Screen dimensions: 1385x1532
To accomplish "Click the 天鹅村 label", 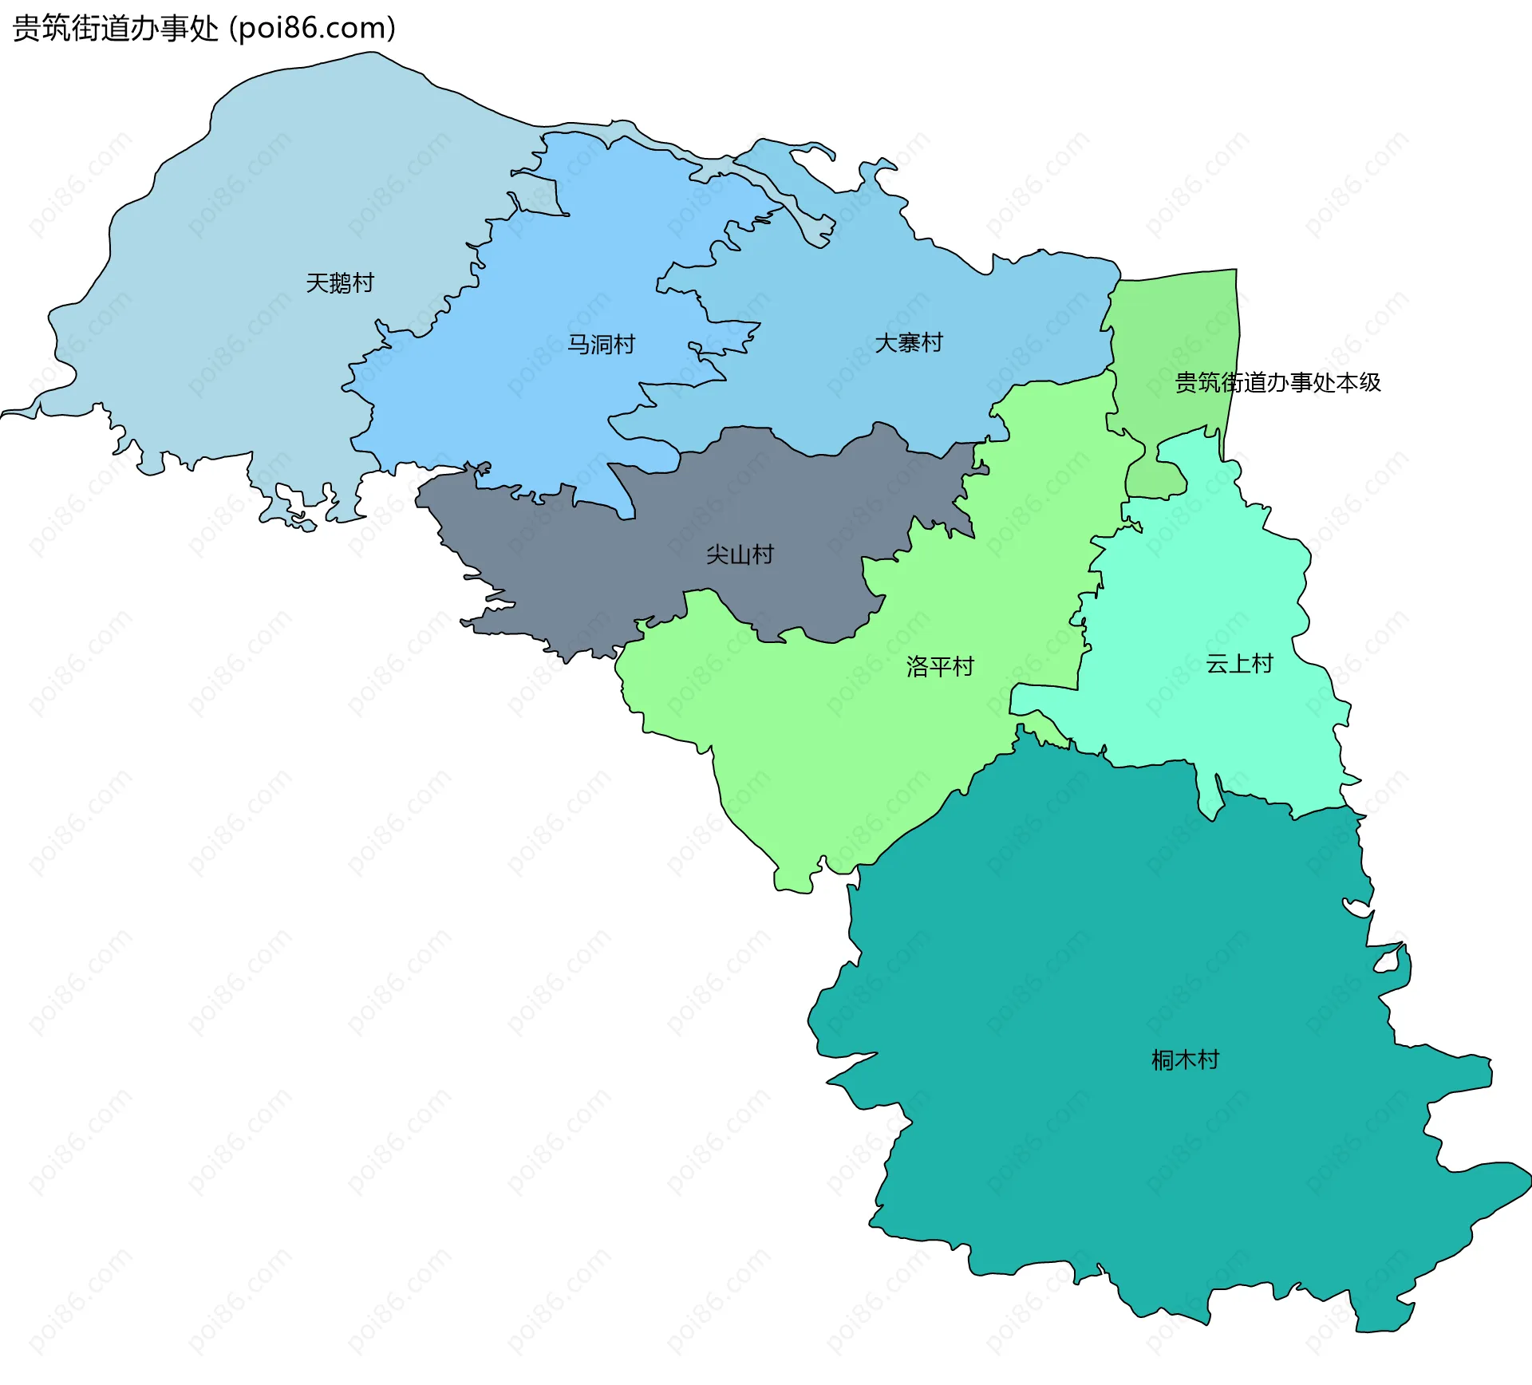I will (x=340, y=283).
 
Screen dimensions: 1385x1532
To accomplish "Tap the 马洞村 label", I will (x=601, y=345).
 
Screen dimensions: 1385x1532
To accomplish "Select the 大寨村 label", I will (x=909, y=343).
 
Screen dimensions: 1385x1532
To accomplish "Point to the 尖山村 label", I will (x=740, y=554).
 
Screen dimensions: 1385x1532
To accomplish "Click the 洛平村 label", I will (x=940, y=666).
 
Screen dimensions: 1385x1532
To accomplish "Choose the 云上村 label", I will (x=1239, y=664).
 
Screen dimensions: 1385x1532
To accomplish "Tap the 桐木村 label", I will (x=1185, y=1060).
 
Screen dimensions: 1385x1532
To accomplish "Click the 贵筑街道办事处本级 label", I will (x=1277, y=383).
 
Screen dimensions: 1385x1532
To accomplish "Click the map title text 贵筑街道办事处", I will (x=115, y=29).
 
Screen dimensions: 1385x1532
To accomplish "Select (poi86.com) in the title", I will (x=312, y=29).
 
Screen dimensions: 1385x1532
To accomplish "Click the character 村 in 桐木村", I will (x=1208, y=1060).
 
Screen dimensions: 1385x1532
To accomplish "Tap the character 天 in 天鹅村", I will (x=317, y=283).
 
